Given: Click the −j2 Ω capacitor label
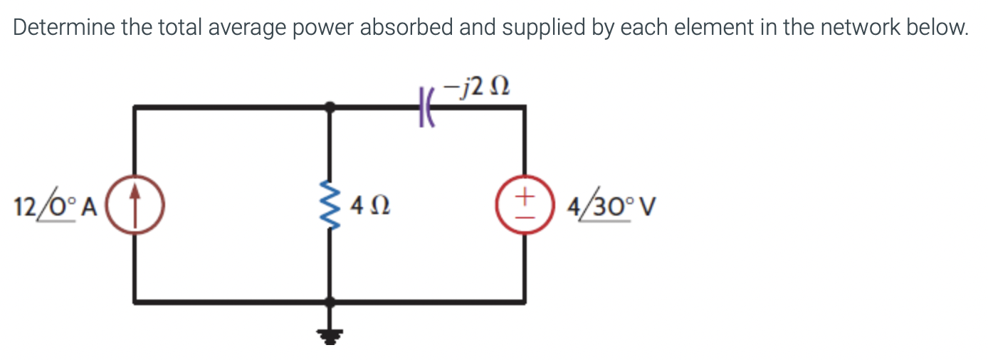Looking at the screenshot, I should click(475, 88).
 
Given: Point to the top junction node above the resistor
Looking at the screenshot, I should click(330, 107).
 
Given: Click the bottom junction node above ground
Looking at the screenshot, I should click(330, 302).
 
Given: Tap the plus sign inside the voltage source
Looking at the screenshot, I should click(525, 194).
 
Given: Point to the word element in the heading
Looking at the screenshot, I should click(719, 28).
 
